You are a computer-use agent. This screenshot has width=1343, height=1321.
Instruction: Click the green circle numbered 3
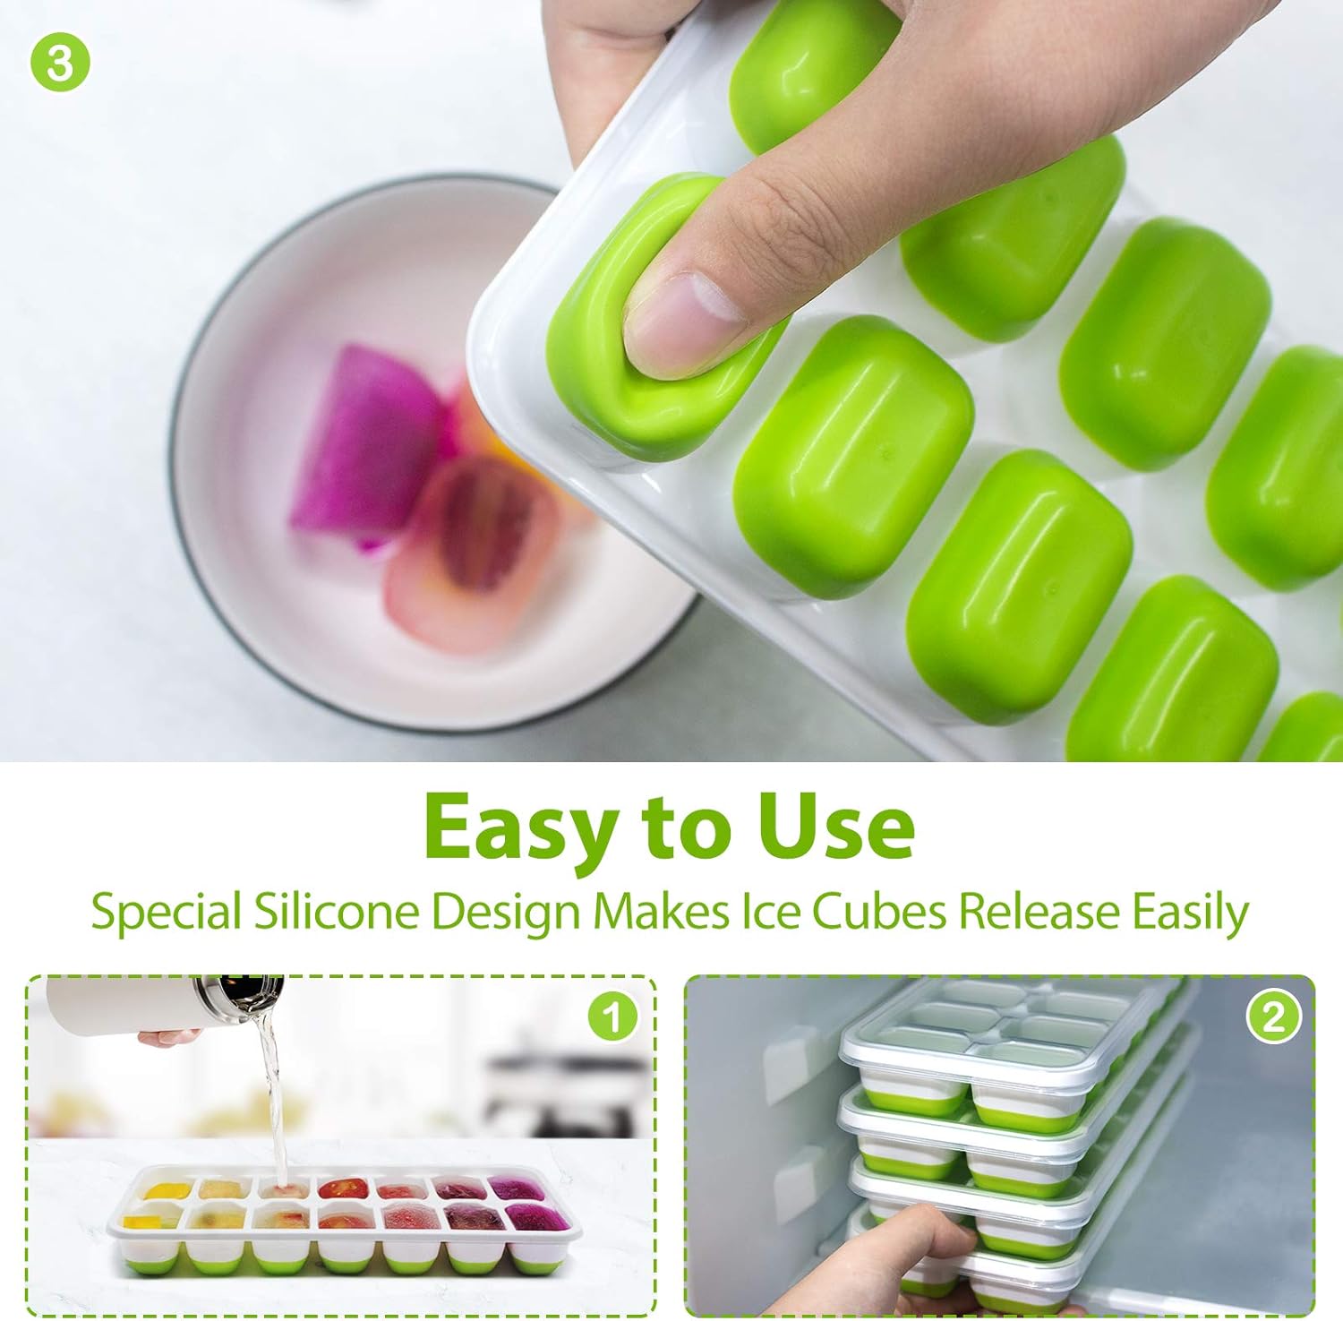point(60,62)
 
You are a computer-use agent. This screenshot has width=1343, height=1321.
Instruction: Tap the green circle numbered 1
point(613,1016)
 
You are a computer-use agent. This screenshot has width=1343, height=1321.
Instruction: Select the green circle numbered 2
point(1273,1016)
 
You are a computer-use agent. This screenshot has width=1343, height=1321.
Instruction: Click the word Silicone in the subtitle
point(336,912)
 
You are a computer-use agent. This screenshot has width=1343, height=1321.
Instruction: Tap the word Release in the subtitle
point(1039,912)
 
